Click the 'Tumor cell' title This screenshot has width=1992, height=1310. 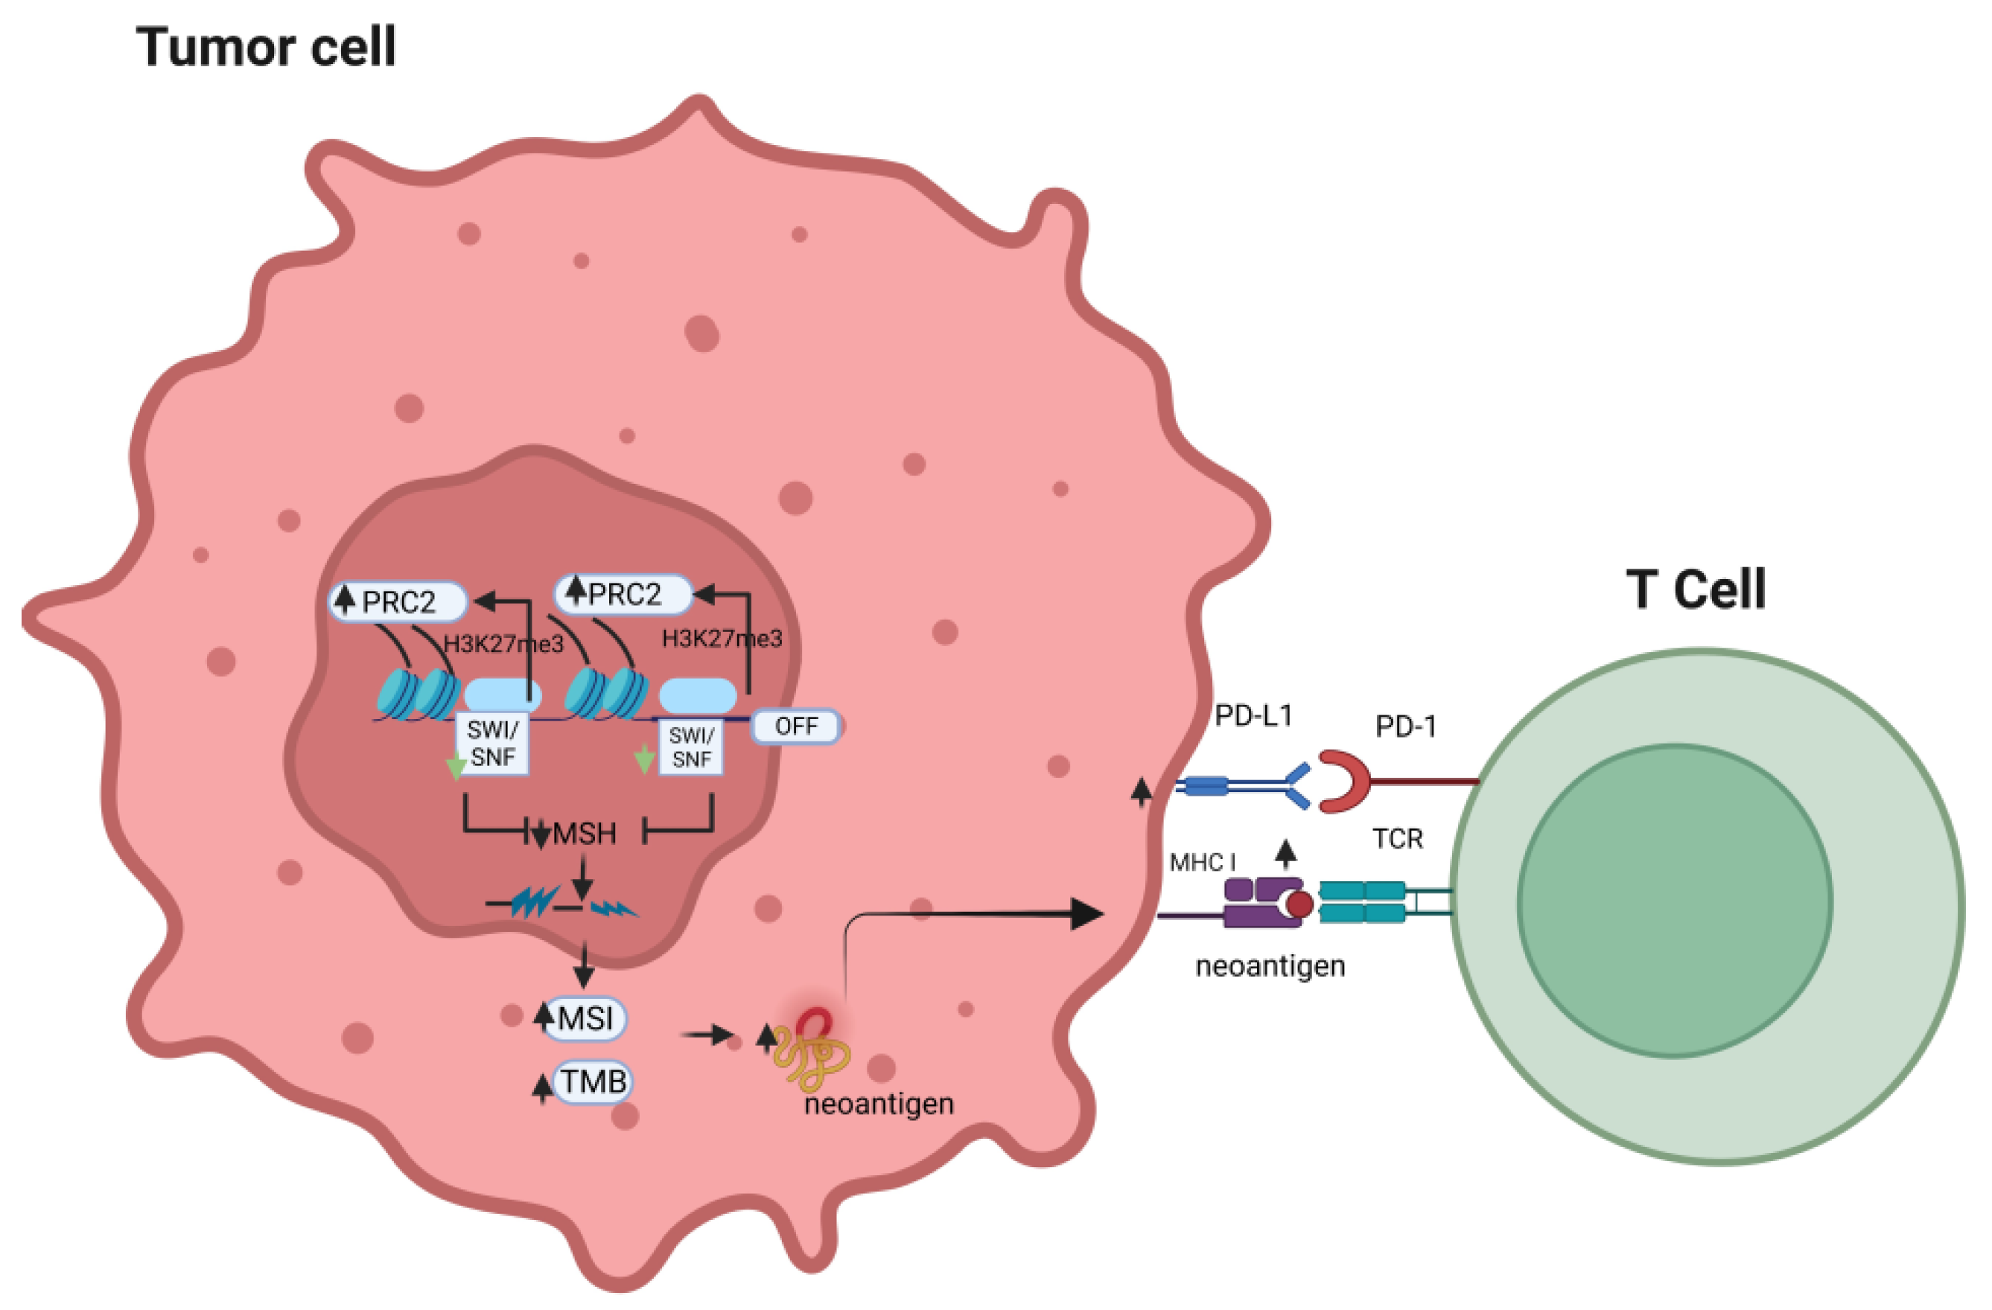(265, 47)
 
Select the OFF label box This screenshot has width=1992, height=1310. (795, 726)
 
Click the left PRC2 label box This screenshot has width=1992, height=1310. (398, 601)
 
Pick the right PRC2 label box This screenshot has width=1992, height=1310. (624, 594)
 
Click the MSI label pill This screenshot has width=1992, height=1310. (585, 1019)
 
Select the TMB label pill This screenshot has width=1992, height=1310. (594, 1081)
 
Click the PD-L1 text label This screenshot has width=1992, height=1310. (1253, 716)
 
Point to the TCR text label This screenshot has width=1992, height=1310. (1397, 838)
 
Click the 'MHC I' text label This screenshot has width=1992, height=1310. (1202, 863)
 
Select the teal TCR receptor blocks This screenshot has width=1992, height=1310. (1362, 902)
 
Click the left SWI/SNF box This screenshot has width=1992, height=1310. (492, 743)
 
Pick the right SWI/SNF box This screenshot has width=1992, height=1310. (691, 747)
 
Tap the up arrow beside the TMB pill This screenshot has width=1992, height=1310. (542, 1087)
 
